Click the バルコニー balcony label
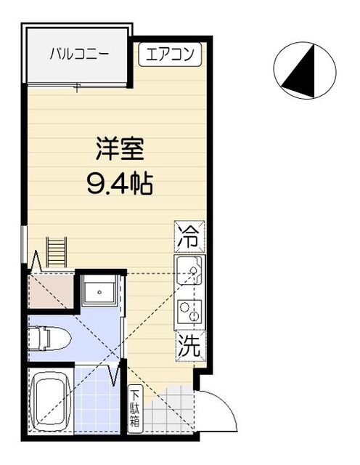(x=78, y=53)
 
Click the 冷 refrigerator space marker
(x=187, y=235)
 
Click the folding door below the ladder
(x=36, y=262)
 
